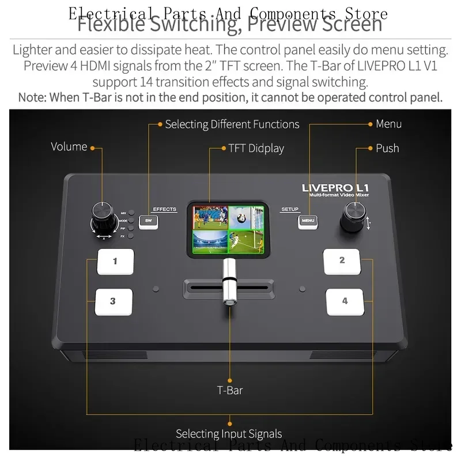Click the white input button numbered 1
point(115,261)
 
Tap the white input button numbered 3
point(114,301)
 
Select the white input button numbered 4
point(345,301)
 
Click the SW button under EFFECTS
point(149,221)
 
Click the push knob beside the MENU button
point(353,217)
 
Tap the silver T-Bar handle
point(229,282)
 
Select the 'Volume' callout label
point(69,146)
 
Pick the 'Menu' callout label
point(388,124)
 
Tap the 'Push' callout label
point(387,148)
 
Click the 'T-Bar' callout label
point(230,390)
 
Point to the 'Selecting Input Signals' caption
point(229,433)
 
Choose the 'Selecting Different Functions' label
point(232,124)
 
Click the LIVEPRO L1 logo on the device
point(335,188)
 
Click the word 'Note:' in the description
point(33,97)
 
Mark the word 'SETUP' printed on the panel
point(290,209)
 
